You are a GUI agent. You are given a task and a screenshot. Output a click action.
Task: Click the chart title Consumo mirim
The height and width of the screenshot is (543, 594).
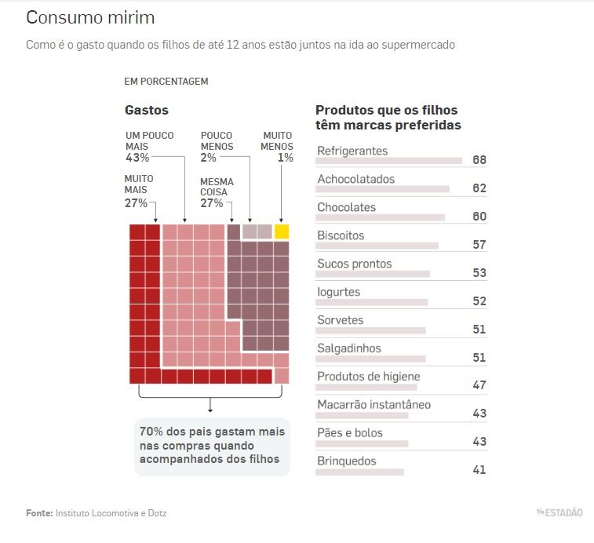[x=90, y=17]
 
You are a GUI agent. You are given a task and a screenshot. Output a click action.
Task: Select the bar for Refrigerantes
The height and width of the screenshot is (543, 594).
[x=388, y=161]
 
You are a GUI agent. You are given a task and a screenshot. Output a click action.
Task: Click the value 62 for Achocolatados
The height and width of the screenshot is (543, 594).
[x=479, y=188]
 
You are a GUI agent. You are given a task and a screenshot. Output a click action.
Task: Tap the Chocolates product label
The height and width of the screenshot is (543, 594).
[x=346, y=207]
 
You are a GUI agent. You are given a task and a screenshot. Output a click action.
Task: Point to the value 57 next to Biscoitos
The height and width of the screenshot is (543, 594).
[x=479, y=245]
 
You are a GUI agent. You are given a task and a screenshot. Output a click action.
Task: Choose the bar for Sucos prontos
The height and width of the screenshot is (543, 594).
[x=373, y=274]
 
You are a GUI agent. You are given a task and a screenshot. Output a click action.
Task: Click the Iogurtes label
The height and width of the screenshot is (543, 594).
[x=338, y=292]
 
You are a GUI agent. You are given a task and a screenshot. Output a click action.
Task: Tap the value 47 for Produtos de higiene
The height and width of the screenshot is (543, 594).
[x=479, y=385]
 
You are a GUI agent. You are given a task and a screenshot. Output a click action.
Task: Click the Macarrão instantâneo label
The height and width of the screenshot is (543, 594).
[x=374, y=405]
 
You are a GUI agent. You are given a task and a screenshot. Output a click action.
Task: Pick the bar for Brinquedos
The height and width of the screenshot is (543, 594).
[x=359, y=472]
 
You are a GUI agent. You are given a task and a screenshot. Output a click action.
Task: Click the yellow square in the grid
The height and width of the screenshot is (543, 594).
[x=282, y=231]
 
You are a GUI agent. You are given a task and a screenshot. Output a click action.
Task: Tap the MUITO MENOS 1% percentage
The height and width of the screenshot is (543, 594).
[x=286, y=158]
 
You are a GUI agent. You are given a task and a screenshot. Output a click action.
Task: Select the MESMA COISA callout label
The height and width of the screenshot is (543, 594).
[x=217, y=187]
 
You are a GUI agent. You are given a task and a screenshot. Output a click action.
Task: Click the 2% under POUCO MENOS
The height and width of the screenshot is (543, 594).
[x=208, y=158]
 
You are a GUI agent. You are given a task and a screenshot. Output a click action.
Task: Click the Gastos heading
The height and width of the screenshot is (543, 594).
[x=147, y=111]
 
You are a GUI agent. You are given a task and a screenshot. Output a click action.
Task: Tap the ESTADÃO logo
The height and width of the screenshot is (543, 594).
[x=559, y=513]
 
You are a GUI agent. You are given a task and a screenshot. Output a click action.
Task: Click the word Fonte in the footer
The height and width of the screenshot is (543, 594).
[x=39, y=513]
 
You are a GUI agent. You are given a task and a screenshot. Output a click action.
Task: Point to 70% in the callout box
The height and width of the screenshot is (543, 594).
[x=151, y=431]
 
